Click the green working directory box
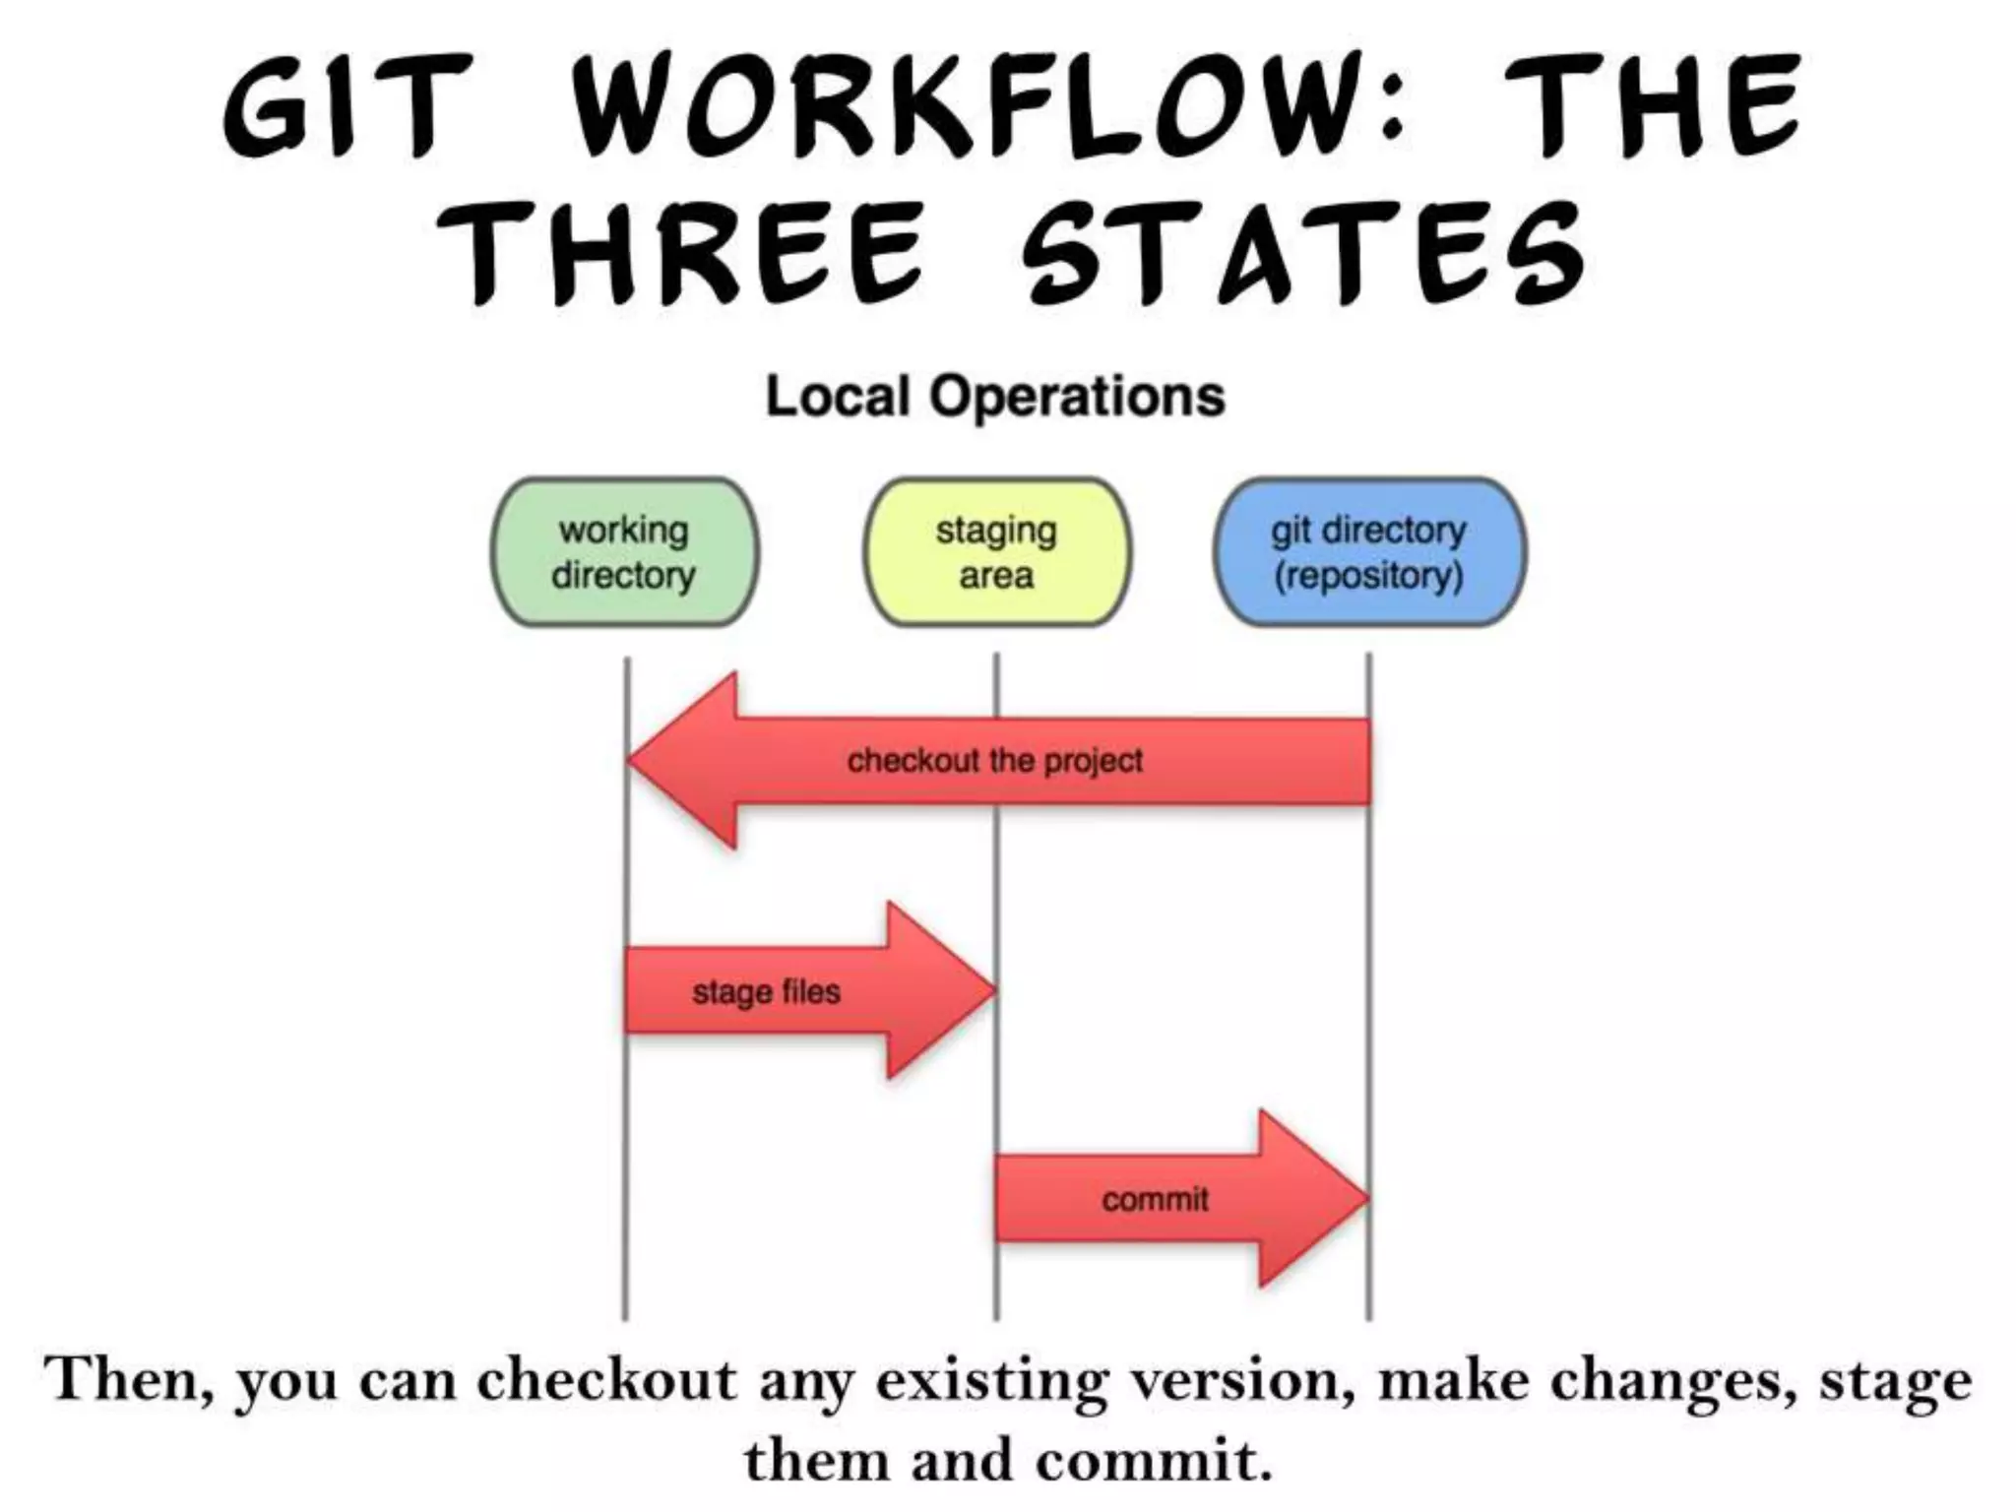(624, 552)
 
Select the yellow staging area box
(996, 552)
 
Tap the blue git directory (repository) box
(1368, 552)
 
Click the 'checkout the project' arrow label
(994, 761)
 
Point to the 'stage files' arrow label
(766, 991)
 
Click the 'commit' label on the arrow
(1155, 1199)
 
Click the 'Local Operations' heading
(995, 397)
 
